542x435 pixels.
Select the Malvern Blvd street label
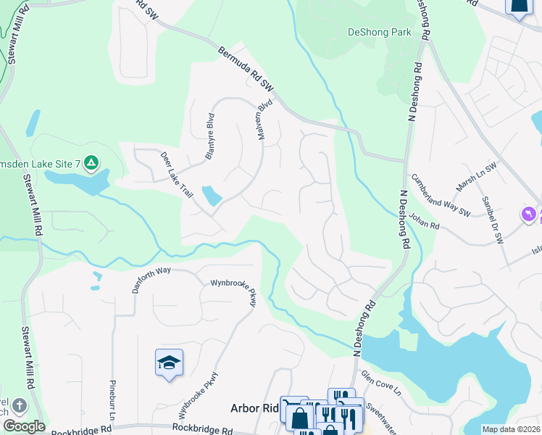(x=264, y=120)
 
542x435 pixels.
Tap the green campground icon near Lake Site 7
(x=91, y=162)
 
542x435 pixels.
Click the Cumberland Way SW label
(x=441, y=194)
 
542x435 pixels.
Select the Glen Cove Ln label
(x=381, y=382)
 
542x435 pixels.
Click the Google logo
(x=24, y=426)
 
